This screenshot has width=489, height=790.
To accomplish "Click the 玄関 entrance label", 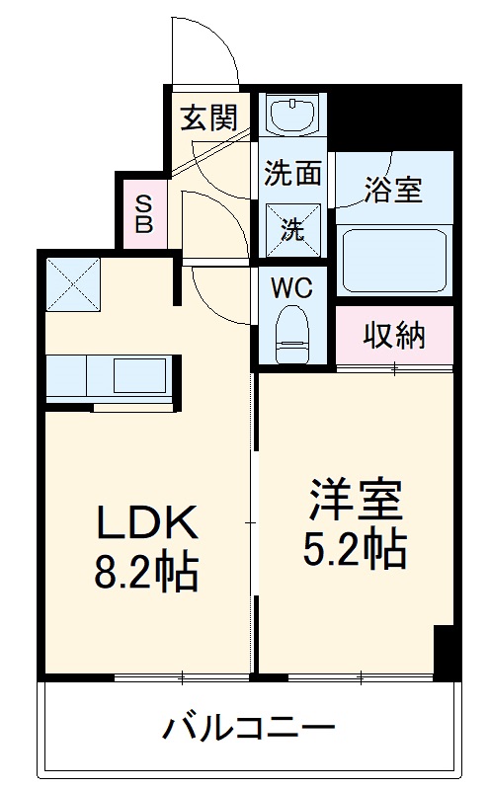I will pyautogui.click(x=208, y=119).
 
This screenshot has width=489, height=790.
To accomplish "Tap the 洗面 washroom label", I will pyautogui.click(x=292, y=173).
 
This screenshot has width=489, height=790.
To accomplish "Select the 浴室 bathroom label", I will pyautogui.click(x=392, y=189).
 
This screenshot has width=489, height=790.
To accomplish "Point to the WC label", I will pyautogui.click(x=292, y=288).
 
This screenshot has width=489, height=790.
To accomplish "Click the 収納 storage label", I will pyautogui.click(x=394, y=335).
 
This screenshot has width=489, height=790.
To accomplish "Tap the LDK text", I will pyautogui.click(x=147, y=522).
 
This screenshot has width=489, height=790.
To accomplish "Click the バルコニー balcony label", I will pyautogui.click(x=248, y=732).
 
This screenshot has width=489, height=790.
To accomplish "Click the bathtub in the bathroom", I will pyautogui.click(x=394, y=259).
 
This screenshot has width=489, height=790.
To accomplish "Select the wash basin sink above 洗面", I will pyautogui.click(x=293, y=117).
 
